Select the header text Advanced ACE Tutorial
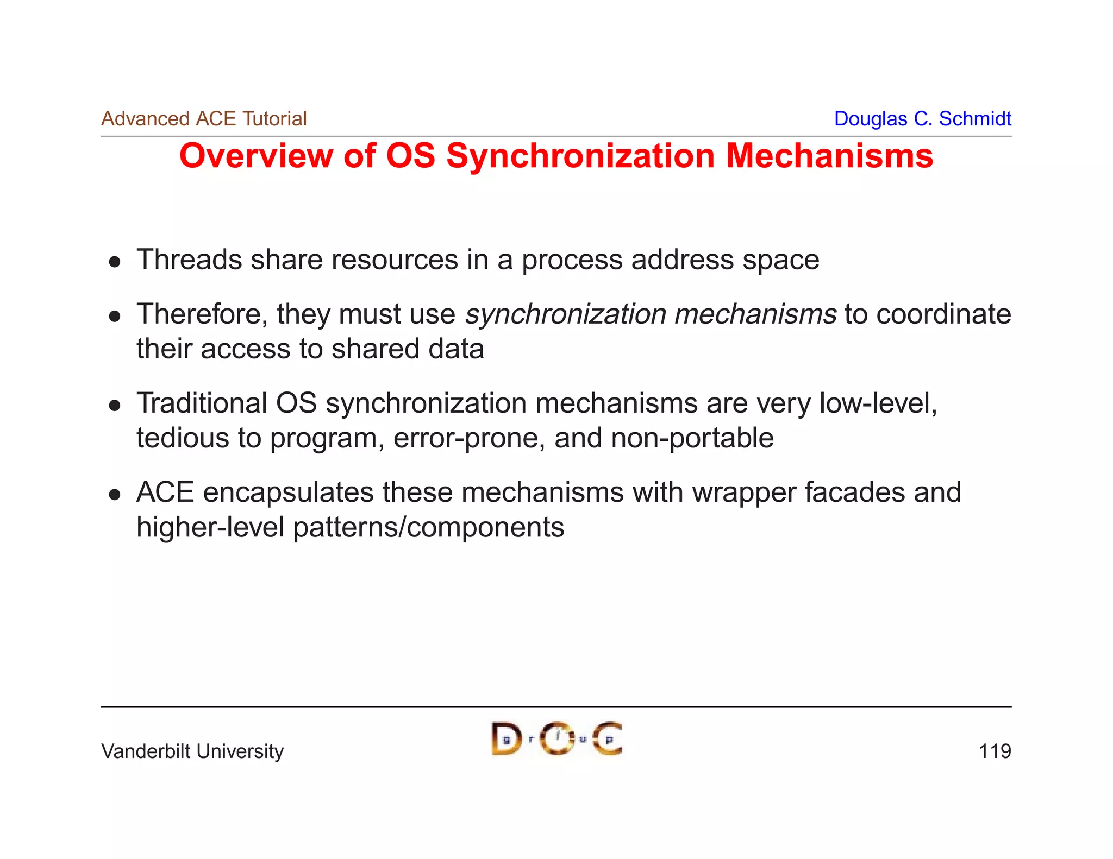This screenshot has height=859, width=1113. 204,119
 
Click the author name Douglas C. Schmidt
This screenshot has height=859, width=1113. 922,119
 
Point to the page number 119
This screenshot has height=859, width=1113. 995,751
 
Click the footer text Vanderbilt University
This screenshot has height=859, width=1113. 192,751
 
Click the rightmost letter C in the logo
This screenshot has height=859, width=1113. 607,739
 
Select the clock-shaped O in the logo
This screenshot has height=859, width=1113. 556,738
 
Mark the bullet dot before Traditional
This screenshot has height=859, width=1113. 114,406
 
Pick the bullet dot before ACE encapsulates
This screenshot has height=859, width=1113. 114,495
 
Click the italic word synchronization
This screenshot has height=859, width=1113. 565,314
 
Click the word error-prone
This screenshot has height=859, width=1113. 468,438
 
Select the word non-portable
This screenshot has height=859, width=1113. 692,438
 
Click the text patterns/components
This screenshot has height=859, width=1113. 428,528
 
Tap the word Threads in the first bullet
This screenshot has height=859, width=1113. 189,260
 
